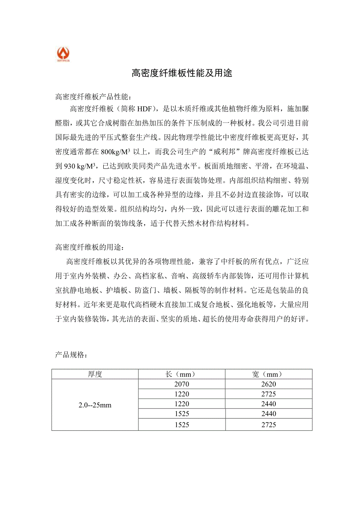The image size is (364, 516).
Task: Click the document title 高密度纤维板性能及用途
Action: tap(182, 73)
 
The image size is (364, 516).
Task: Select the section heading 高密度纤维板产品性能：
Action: tap(95, 97)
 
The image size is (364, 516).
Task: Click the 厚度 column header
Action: tap(95, 374)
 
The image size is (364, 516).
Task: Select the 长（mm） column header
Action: tap(182, 374)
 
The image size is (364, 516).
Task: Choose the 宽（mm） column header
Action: tap(269, 374)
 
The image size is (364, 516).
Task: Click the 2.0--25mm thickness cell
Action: tap(95, 405)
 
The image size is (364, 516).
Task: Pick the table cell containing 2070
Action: tap(182, 384)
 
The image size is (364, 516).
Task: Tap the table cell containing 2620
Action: tap(269, 384)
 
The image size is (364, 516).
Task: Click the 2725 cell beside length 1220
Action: tap(269, 394)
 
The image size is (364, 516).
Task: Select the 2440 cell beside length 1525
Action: tap(269, 414)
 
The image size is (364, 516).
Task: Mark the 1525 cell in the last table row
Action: tap(182, 425)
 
